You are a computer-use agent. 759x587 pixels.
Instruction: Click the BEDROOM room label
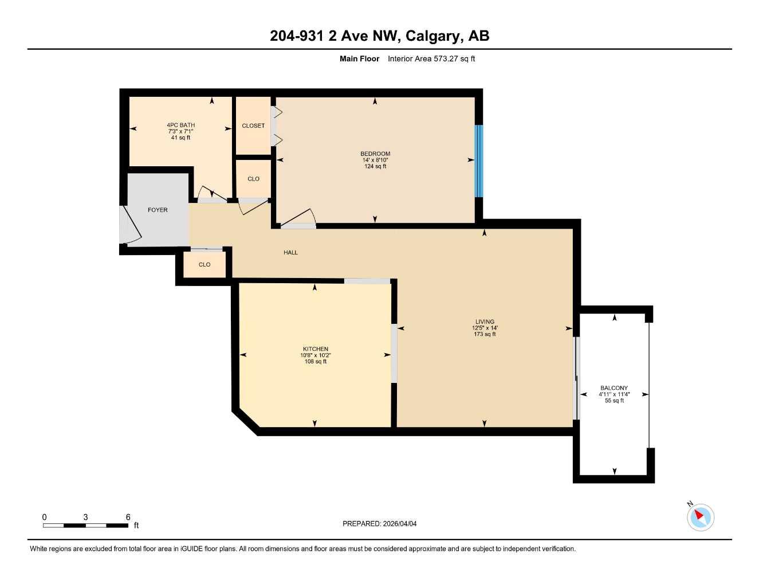[x=375, y=154]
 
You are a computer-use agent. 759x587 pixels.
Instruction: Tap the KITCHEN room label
[x=315, y=349]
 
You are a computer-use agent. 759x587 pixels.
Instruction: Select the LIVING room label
[x=485, y=322]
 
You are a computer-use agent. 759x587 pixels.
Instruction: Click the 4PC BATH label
[x=180, y=125]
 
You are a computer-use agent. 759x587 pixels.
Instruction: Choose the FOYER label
[x=158, y=210]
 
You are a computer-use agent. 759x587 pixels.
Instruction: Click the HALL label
[x=290, y=252]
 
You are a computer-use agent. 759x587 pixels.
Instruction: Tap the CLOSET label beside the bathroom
[x=253, y=126]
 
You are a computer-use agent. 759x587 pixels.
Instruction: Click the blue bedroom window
[x=479, y=161]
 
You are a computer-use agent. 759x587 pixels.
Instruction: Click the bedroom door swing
[x=299, y=218]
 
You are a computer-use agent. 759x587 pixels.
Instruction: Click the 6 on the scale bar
[x=128, y=517]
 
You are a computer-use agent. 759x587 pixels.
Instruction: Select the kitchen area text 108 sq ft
[x=315, y=362]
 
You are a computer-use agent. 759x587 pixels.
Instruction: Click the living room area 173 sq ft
[x=485, y=334]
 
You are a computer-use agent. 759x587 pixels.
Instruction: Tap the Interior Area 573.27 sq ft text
[x=431, y=58]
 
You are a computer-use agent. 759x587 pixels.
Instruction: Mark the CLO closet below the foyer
[x=205, y=265]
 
